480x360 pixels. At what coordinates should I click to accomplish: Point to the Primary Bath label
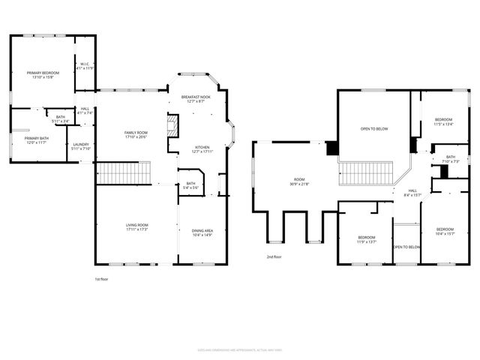[x=36, y=140]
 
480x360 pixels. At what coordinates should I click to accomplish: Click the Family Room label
[x=136, y=134]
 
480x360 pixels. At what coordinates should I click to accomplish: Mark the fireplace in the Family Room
[x=172, y=125]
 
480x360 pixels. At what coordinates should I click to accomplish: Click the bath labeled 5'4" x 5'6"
[x=190, y=185]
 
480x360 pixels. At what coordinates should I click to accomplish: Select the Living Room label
[x=136, y=226]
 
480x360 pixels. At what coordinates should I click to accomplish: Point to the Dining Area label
[x=202, y=232]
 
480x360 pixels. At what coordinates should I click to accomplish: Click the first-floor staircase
[x=115, y=173]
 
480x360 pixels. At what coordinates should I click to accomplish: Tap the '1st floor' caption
[x=102, y=279]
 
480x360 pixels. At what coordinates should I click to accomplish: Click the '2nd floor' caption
[x=274, y=257]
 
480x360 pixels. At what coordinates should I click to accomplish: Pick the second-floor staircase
[x=367, y=174]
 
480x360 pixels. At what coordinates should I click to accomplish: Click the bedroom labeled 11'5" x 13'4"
[x=444, y=121]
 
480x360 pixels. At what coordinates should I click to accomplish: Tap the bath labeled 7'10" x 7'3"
[x=451, y=158]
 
